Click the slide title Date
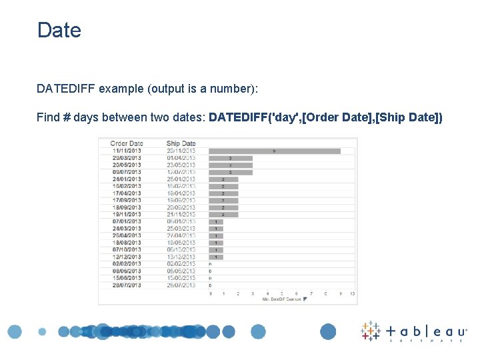click(59, 30)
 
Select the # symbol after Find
click(67, 117)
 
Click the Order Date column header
click(127, 143)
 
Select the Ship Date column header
click(181, 143)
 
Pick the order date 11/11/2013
click(126, 151)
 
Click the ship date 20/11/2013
click(181, 151)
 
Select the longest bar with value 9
click(274, 151)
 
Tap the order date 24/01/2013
click(126, 179)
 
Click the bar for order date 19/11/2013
click(223, 215)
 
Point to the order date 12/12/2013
click(126, 257)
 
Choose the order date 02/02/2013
click(126, 264)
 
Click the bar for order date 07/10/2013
click(216, 250)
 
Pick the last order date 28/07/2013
click(126, 285)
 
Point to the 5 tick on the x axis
click(282, 293)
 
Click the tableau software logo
click(414, 332)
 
